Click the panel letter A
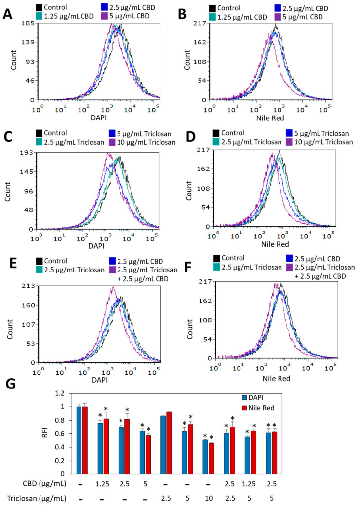click(x=8, y=14)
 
